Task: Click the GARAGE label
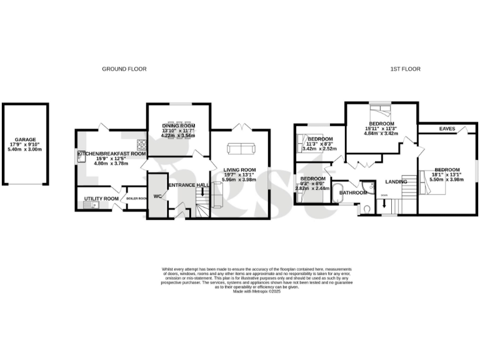point(26,140)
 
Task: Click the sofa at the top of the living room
point(240,149)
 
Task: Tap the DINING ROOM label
point(179,125)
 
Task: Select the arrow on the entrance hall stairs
point(202,193)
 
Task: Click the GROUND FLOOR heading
point(124,69)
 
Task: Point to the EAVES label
point(446,129)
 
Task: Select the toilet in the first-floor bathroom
point(367,209)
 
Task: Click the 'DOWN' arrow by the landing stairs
point(384,204)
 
